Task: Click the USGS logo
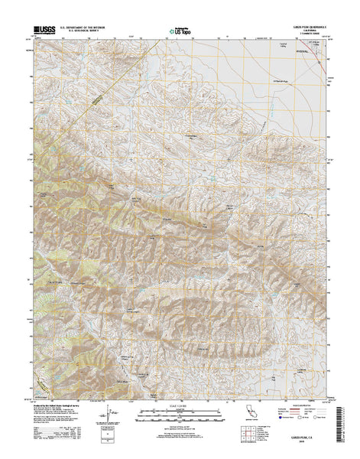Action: [44, 32]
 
